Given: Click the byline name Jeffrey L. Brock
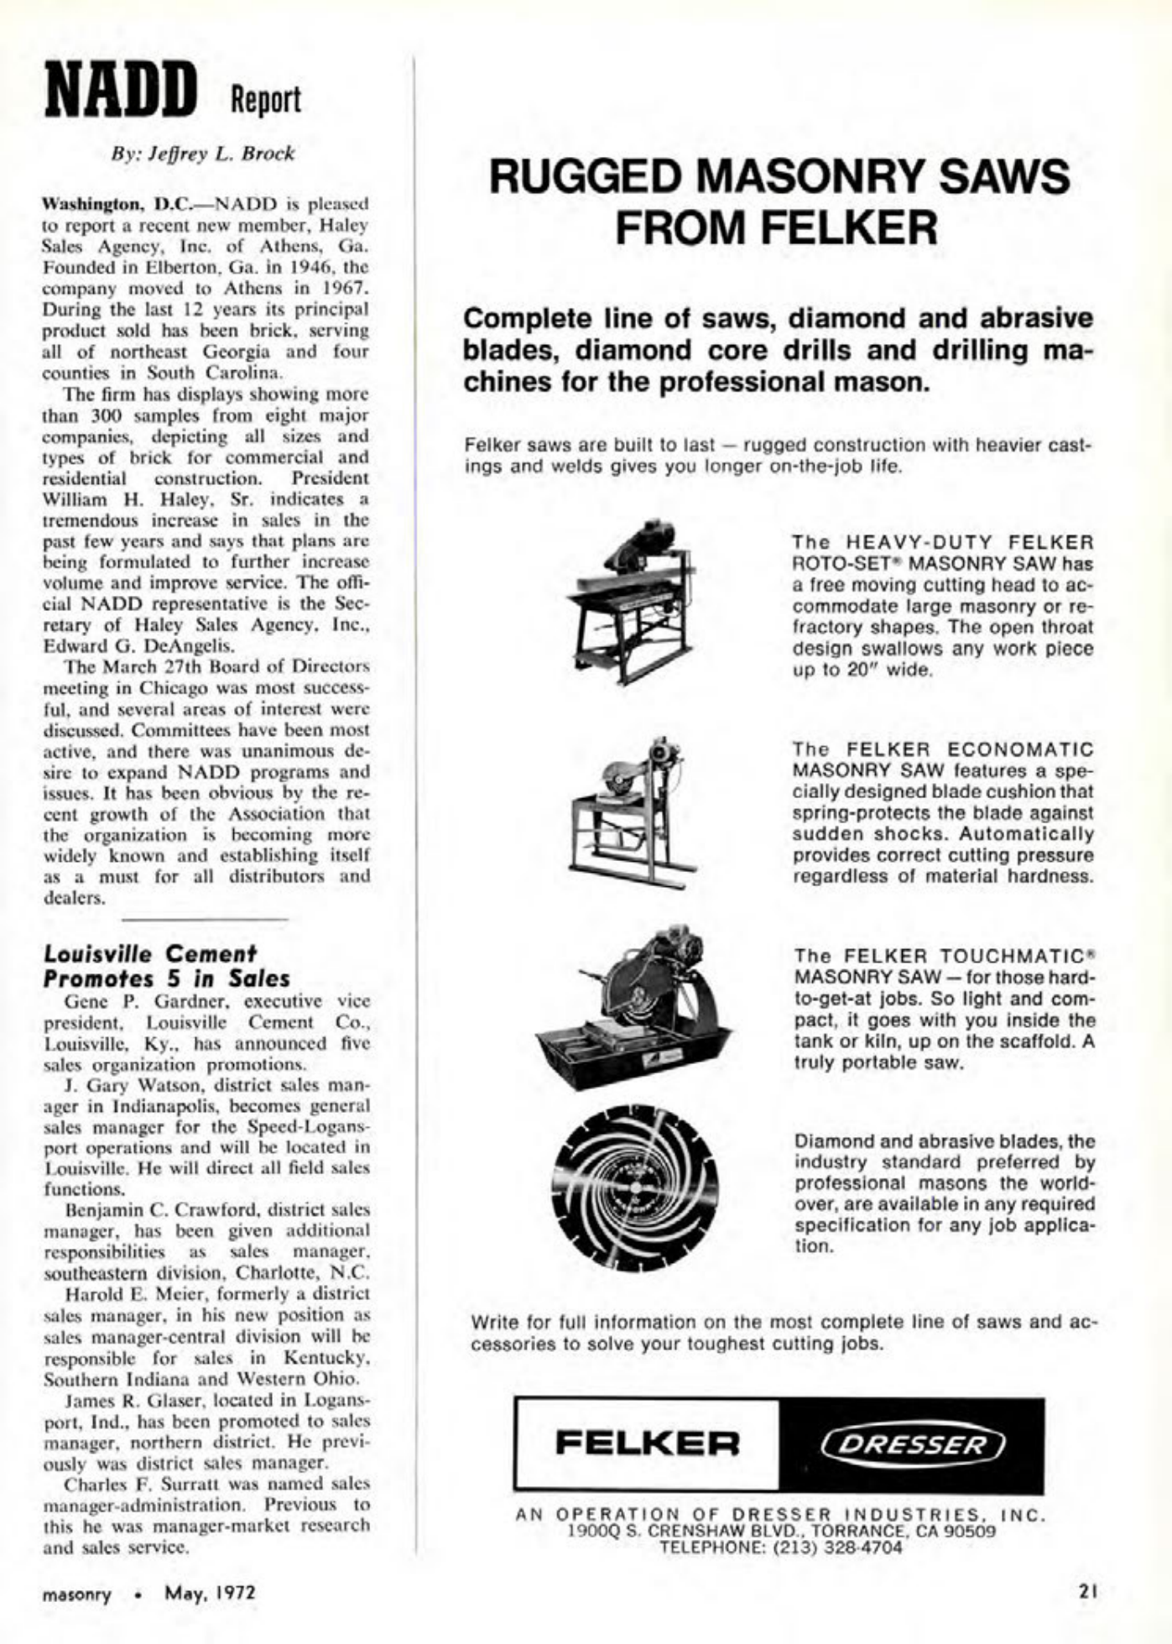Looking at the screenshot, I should click(204, 154).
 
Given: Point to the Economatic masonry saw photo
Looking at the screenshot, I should click(642, 809).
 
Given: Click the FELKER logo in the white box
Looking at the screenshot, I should click(648, 1443).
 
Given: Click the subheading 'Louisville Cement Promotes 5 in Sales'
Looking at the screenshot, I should click(166, 967).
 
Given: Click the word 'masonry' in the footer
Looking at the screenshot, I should click(77, 1592).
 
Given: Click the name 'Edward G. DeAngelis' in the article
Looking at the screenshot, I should click(138, 646).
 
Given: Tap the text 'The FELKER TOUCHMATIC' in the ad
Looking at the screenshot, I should click(943, 956).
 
